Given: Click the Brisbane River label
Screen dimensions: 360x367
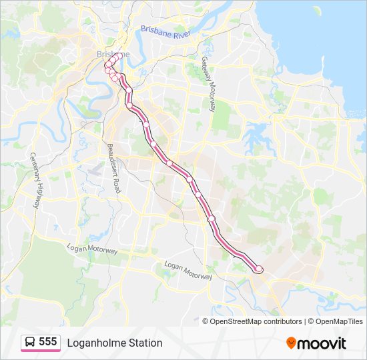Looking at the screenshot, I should tap(165, 31).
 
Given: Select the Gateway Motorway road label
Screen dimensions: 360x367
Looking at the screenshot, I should tap(208, 80).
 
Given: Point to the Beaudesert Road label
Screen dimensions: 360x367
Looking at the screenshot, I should tap(113, 167).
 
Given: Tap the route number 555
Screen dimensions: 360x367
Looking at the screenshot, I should tap(48, 342).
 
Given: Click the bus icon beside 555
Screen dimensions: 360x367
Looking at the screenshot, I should tap(30, 343).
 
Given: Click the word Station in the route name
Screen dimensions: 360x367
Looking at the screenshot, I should tap(141, 343).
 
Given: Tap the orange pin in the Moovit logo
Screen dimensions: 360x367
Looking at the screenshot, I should tap(291, 343).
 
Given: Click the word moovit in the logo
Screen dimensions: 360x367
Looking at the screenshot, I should tap(322, 343).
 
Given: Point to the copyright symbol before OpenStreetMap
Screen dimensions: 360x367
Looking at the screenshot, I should tap(206, 321).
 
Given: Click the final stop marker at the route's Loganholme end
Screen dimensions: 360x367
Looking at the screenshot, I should tap(259, 269).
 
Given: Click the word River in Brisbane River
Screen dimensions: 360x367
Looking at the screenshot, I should tap(181, 33).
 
